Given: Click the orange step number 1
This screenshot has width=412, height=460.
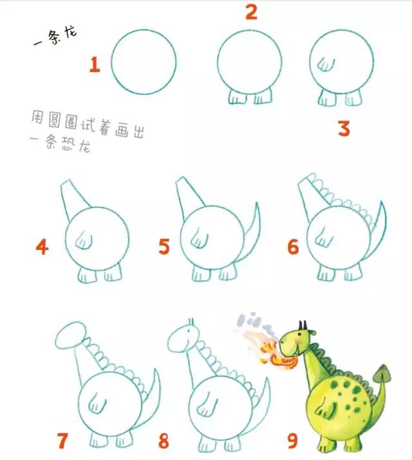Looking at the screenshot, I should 95,64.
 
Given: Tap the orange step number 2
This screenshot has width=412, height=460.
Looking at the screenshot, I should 251,12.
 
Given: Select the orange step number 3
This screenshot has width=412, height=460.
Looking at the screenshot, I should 344,129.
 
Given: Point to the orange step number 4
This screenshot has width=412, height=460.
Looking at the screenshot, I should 42,247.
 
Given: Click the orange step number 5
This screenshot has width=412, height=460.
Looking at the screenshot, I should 164,247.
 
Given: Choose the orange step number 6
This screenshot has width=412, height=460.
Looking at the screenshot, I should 293,247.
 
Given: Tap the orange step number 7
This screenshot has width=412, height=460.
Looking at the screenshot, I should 62,441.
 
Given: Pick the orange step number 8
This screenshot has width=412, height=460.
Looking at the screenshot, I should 164,441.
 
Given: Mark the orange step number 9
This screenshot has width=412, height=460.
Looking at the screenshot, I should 292,441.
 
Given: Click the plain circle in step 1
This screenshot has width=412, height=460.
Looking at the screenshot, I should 144,61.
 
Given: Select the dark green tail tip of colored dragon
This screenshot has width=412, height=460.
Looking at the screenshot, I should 385,372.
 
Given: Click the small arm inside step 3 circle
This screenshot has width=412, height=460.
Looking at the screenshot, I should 328,64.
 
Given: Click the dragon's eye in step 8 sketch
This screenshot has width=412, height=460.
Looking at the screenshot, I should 187,334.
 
